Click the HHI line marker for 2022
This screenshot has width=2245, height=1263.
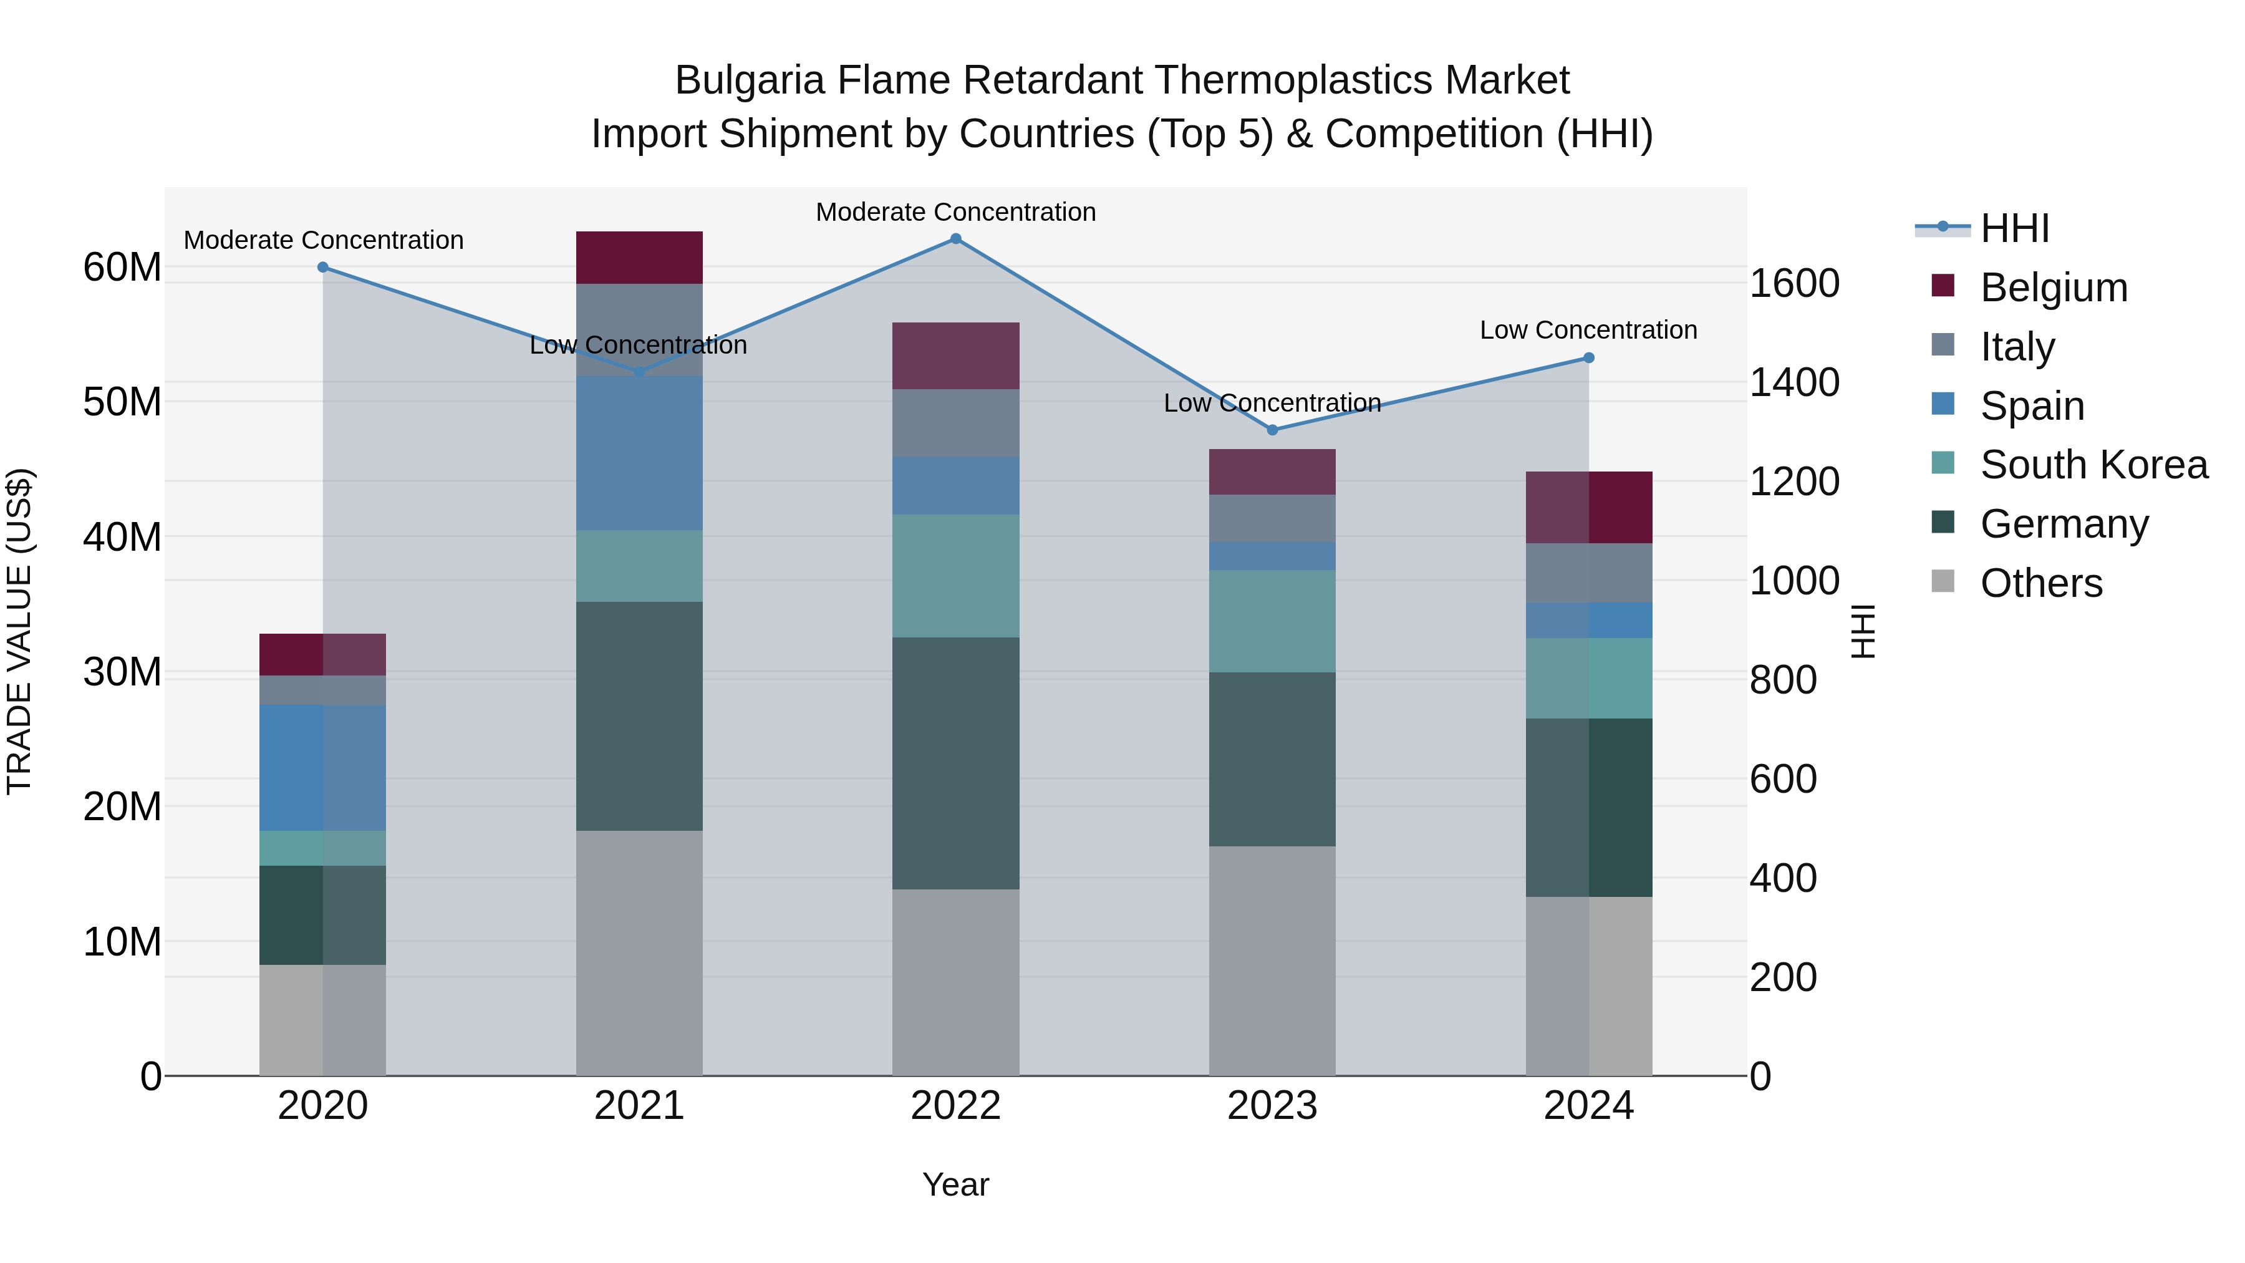[x=955, y=239]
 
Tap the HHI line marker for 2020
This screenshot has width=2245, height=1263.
[x=322, y=268]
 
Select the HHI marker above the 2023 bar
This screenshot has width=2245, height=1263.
[x=1272, y=430]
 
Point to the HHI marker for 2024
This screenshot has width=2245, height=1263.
[x=1588, y=358]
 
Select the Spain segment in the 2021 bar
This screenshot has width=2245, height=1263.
[x=639, y=453]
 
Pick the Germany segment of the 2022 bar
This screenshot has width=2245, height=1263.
[x=955, y=763]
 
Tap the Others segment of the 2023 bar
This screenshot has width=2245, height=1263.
[x=1272, y=961]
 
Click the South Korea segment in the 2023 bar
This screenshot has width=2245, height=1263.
[x=1272, y=621]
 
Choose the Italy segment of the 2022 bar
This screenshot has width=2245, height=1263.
[x=955, y=423]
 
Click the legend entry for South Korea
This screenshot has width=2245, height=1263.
[x=2093, y=465]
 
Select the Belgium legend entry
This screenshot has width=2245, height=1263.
[x=2054, y=288]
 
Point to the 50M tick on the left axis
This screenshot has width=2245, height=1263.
[x=122, y=402]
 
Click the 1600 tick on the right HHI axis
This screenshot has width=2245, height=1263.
[x=1794, y=283]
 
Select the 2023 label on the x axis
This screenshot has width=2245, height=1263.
[x=1272, y=1106]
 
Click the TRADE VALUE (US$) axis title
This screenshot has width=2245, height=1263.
[x=19, y=631]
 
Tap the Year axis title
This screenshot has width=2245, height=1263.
[x=955, y=1184]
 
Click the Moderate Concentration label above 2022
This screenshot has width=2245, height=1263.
[x=955, y=212]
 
